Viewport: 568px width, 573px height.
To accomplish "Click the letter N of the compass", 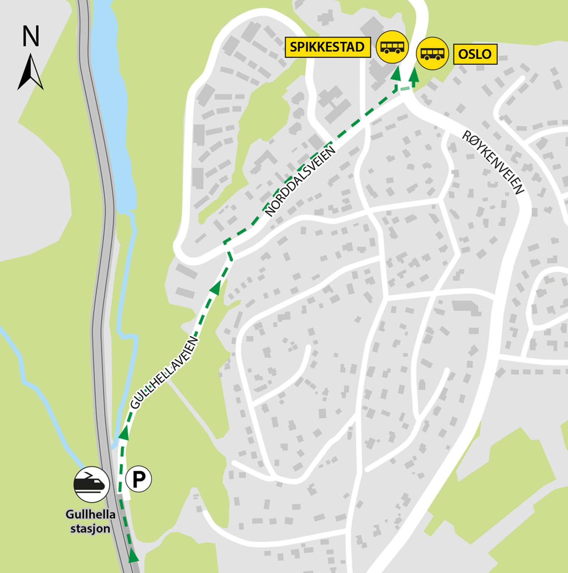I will [31, 36].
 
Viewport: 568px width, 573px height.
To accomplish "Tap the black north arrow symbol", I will [31, 73].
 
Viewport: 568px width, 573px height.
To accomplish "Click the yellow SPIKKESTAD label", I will [327, 47].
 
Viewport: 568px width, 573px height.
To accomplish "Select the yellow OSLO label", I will [475, 54].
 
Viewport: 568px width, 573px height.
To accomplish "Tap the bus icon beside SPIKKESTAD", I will [392, 47].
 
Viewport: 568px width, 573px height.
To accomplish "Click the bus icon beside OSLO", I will [432, 54].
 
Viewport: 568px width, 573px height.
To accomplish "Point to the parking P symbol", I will [138, 479].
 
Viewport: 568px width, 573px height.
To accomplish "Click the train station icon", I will [91, 484].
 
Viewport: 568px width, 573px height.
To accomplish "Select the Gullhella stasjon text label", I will [91, 521].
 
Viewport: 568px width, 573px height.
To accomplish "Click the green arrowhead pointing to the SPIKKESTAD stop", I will [396, 74].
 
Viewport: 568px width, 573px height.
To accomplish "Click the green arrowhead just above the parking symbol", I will [123, 433].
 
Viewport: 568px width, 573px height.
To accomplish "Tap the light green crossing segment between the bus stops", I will [405, 88].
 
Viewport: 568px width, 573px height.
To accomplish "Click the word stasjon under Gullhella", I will [90, 529].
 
